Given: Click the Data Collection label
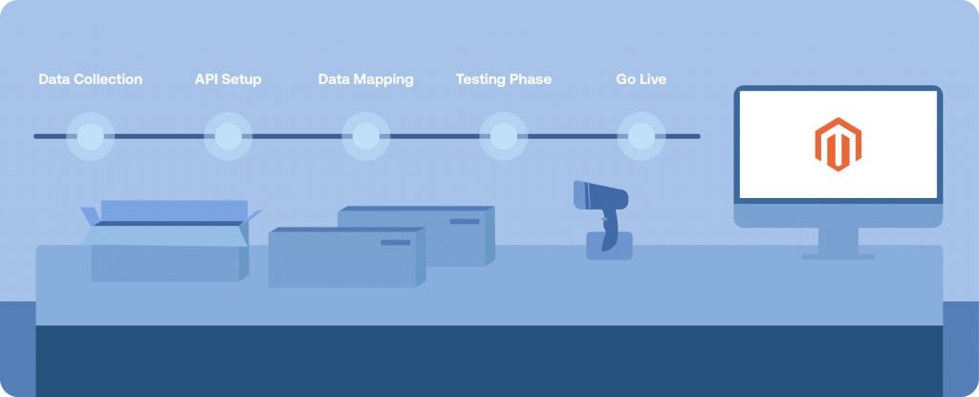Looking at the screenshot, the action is click(91, 79).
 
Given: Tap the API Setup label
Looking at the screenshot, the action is click(228, 79).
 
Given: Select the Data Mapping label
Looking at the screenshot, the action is click(366, 79).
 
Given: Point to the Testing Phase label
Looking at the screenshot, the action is click(503, 79).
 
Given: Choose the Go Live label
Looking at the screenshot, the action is click(642, 79).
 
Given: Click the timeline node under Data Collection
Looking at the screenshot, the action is click(91, 136).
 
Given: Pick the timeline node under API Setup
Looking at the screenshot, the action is click(228, 136).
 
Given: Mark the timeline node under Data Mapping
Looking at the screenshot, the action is click(366, 136).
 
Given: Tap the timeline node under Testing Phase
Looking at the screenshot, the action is click(503, 136).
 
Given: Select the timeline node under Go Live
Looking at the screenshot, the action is click(642, 136).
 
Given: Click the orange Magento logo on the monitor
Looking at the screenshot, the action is click(838, 144).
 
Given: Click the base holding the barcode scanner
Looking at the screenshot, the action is click(609, 246).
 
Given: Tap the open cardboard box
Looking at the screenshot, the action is click(168, 241).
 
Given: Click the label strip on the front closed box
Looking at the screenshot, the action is click(395, 243).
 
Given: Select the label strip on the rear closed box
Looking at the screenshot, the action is click(465, 221).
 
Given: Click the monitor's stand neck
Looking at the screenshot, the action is click(838, 241).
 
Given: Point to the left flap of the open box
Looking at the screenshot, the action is click(91, 216).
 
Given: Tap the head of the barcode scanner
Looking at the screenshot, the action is click(600, 195).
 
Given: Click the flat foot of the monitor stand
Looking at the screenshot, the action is click(838, 256).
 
